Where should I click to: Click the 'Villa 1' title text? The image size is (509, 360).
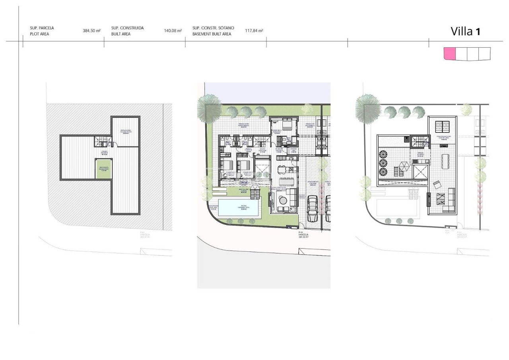tap(465, 31)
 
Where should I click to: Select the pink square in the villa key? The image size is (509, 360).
tap(449, 54)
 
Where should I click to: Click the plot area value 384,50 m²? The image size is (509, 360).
tap(91, 31)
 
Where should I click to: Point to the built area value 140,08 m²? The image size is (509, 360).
tap(173, 31)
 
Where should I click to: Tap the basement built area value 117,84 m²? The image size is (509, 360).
tap(254, 31)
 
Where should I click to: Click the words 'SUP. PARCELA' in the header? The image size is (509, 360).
tap(42, 28)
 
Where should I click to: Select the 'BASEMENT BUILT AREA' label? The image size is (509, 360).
tap(212, 34)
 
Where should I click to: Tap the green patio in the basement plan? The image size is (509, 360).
tap(104, 169)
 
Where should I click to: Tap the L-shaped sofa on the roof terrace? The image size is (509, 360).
tap(449, 201)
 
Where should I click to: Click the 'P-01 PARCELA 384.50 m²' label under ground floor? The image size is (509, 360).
tap(304, 235)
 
